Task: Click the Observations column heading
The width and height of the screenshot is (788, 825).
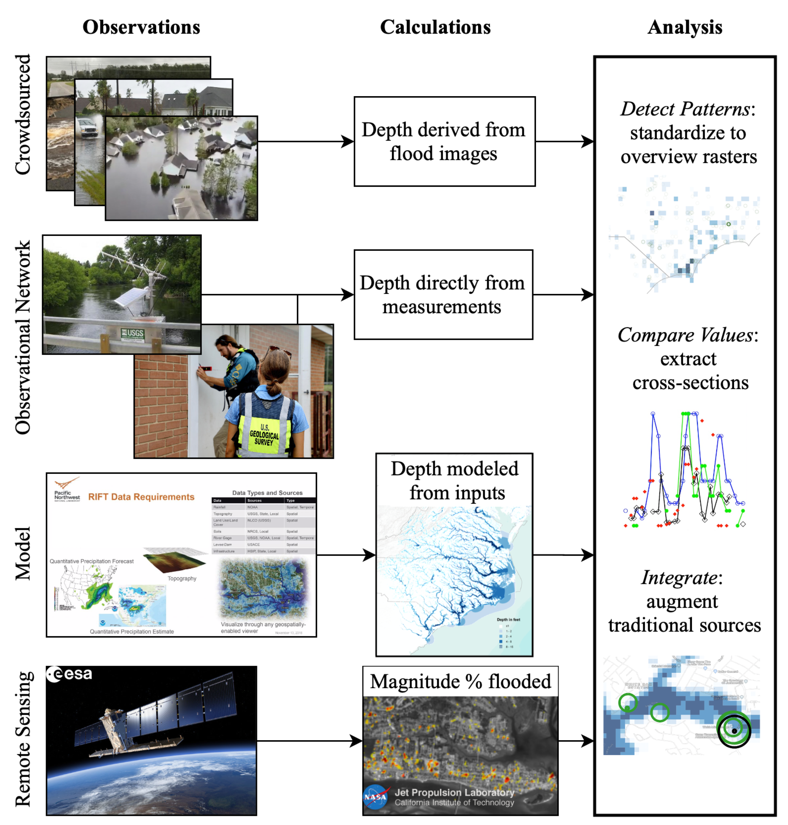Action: [141, 27]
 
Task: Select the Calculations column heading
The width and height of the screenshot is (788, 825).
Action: [435, 27]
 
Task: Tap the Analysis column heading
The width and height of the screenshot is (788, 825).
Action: [685, 27]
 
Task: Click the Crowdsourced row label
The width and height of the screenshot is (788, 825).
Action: [23, 114]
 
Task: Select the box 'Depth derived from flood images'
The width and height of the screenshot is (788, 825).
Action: [444, 142]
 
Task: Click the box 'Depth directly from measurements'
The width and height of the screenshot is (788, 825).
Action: [443, 295]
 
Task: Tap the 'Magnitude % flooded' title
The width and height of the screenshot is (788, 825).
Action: [460, 681]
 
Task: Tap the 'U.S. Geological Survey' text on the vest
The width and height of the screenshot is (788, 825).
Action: [264, 435]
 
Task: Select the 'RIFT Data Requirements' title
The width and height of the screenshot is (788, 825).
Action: [141, 497]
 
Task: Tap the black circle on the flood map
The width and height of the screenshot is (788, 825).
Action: [734, 731]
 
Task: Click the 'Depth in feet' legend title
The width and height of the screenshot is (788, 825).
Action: [508, 619]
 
